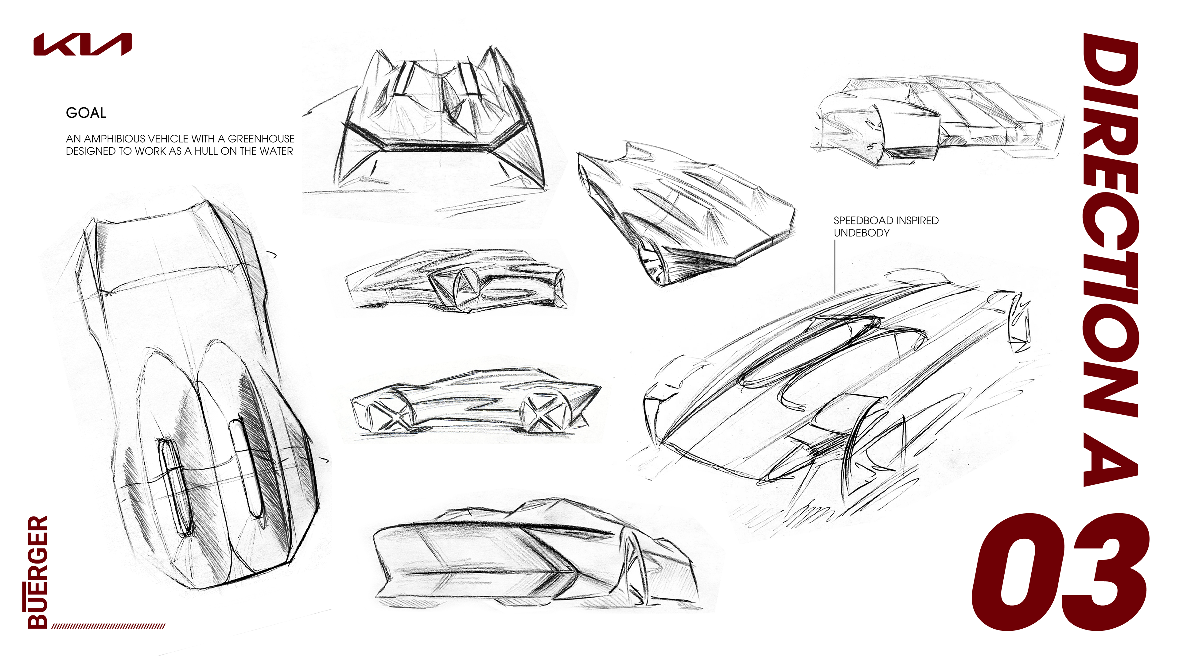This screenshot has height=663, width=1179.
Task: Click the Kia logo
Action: coord(82,45)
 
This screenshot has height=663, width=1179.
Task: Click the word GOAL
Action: coord(86,113)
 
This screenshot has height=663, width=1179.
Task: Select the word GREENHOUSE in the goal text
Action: coord(261,139)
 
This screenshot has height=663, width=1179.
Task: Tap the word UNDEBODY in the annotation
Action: coord(861,233)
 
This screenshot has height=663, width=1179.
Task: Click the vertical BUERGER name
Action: coord(37,572)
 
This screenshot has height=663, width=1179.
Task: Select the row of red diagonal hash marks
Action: coord(108,626)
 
